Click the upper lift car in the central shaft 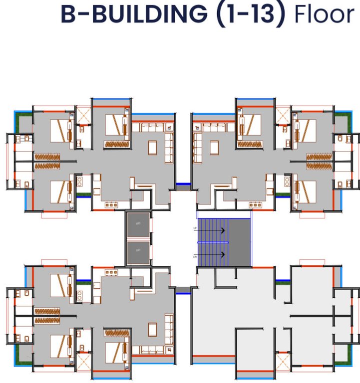138,223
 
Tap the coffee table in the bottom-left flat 152,329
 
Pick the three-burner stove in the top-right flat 255,204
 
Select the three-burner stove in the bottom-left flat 111,272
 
